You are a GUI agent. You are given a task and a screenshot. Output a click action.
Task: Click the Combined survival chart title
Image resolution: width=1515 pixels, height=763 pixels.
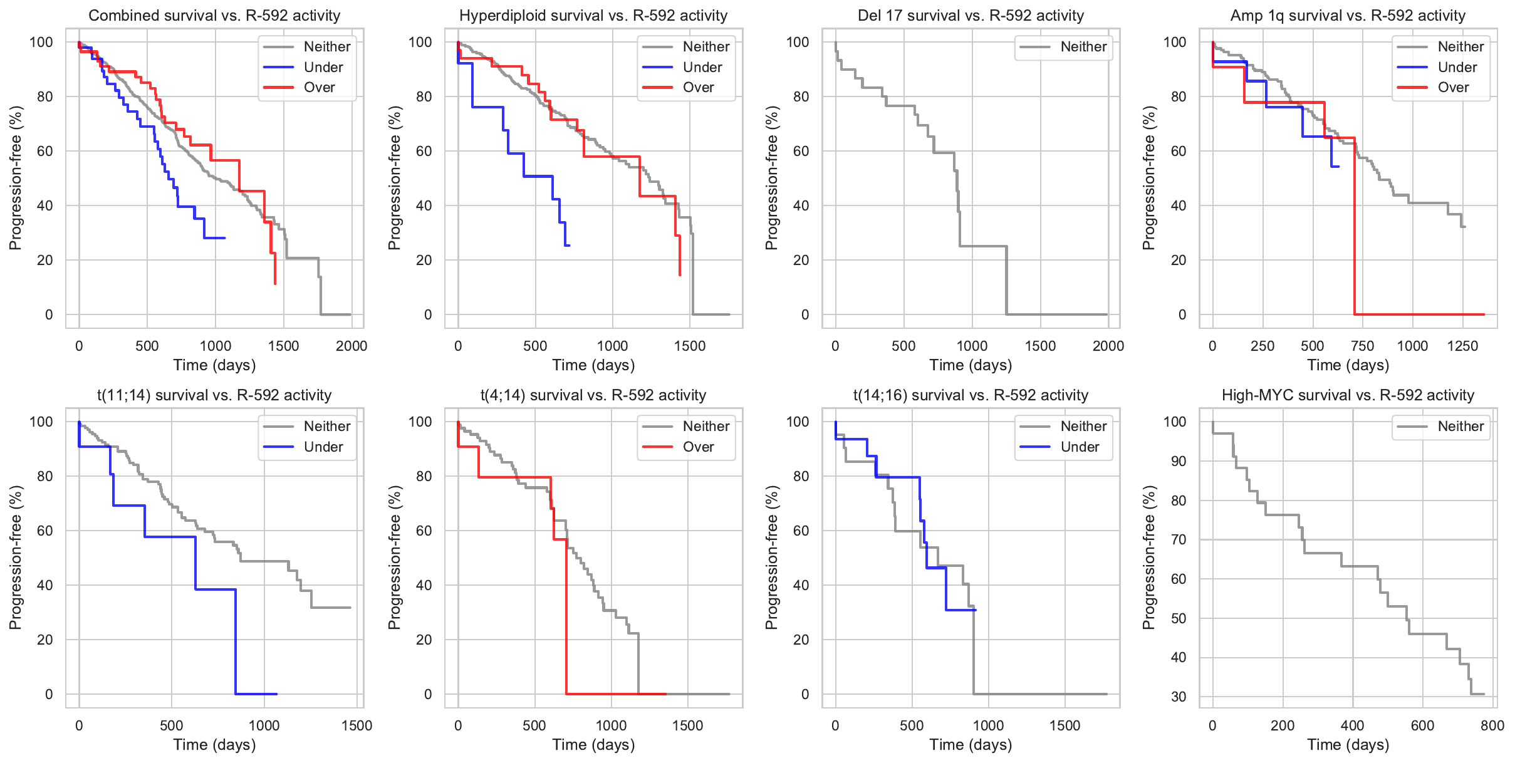click(214, 16)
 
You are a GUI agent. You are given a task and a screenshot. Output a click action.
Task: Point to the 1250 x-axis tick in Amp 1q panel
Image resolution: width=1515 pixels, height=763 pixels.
click(1462, 346)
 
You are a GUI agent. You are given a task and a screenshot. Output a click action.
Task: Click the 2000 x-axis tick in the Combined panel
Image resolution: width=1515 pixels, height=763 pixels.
click(351, 346)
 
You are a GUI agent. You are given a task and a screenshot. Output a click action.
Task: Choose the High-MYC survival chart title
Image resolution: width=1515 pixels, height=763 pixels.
click(1348, 395)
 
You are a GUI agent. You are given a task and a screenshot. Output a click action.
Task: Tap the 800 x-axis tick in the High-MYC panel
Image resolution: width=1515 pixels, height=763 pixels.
click(1492, 725)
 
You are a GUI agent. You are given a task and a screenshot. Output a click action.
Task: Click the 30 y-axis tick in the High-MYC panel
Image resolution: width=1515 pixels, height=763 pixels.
click(1179, 697)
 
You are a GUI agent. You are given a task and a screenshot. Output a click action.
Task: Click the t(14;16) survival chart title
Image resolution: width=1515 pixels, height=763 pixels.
click(971, 395)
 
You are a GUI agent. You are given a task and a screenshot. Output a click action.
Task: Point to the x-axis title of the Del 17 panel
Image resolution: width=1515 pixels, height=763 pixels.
click(971, 365)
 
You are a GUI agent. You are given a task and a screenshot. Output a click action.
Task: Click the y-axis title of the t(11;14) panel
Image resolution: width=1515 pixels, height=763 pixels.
click(16, 558)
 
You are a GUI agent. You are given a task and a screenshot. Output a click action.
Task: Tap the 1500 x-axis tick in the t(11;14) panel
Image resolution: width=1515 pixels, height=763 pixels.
click(357, 725)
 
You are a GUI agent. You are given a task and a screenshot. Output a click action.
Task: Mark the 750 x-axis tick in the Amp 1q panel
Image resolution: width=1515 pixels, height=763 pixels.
click(1362, 346)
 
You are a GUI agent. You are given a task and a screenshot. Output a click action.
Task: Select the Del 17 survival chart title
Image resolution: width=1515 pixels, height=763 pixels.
click(971, 16)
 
